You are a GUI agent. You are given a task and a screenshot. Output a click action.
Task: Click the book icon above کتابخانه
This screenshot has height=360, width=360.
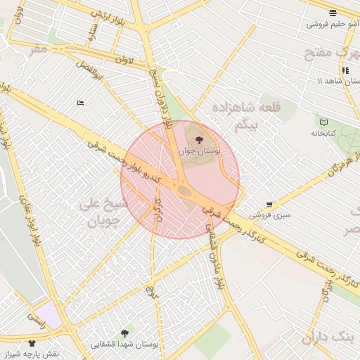(x=323, y=122)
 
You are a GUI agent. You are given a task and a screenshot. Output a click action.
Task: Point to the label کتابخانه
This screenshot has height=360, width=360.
(x=323, y=133)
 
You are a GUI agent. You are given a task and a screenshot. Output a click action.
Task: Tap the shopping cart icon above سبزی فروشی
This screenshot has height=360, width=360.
(x=269, y=204)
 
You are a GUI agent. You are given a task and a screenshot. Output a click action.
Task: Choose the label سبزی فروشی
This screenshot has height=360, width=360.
(x=269, y=214)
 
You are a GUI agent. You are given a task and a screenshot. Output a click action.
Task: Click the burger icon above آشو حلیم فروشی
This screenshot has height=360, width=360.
(x=333, y=13)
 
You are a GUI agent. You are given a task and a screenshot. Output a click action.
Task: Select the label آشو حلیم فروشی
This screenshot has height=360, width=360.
(x=333, y=24)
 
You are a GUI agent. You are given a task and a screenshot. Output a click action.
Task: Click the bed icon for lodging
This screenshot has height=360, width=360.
(x=79, y=103)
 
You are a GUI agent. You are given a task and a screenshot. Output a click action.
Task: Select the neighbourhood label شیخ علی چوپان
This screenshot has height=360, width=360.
(x=104, y=212)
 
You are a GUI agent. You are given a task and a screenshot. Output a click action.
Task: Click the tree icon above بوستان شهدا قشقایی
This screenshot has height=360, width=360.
(x=125, y=333)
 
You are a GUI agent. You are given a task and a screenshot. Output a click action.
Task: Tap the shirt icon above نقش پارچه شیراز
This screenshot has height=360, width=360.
(x=32, y=343)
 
